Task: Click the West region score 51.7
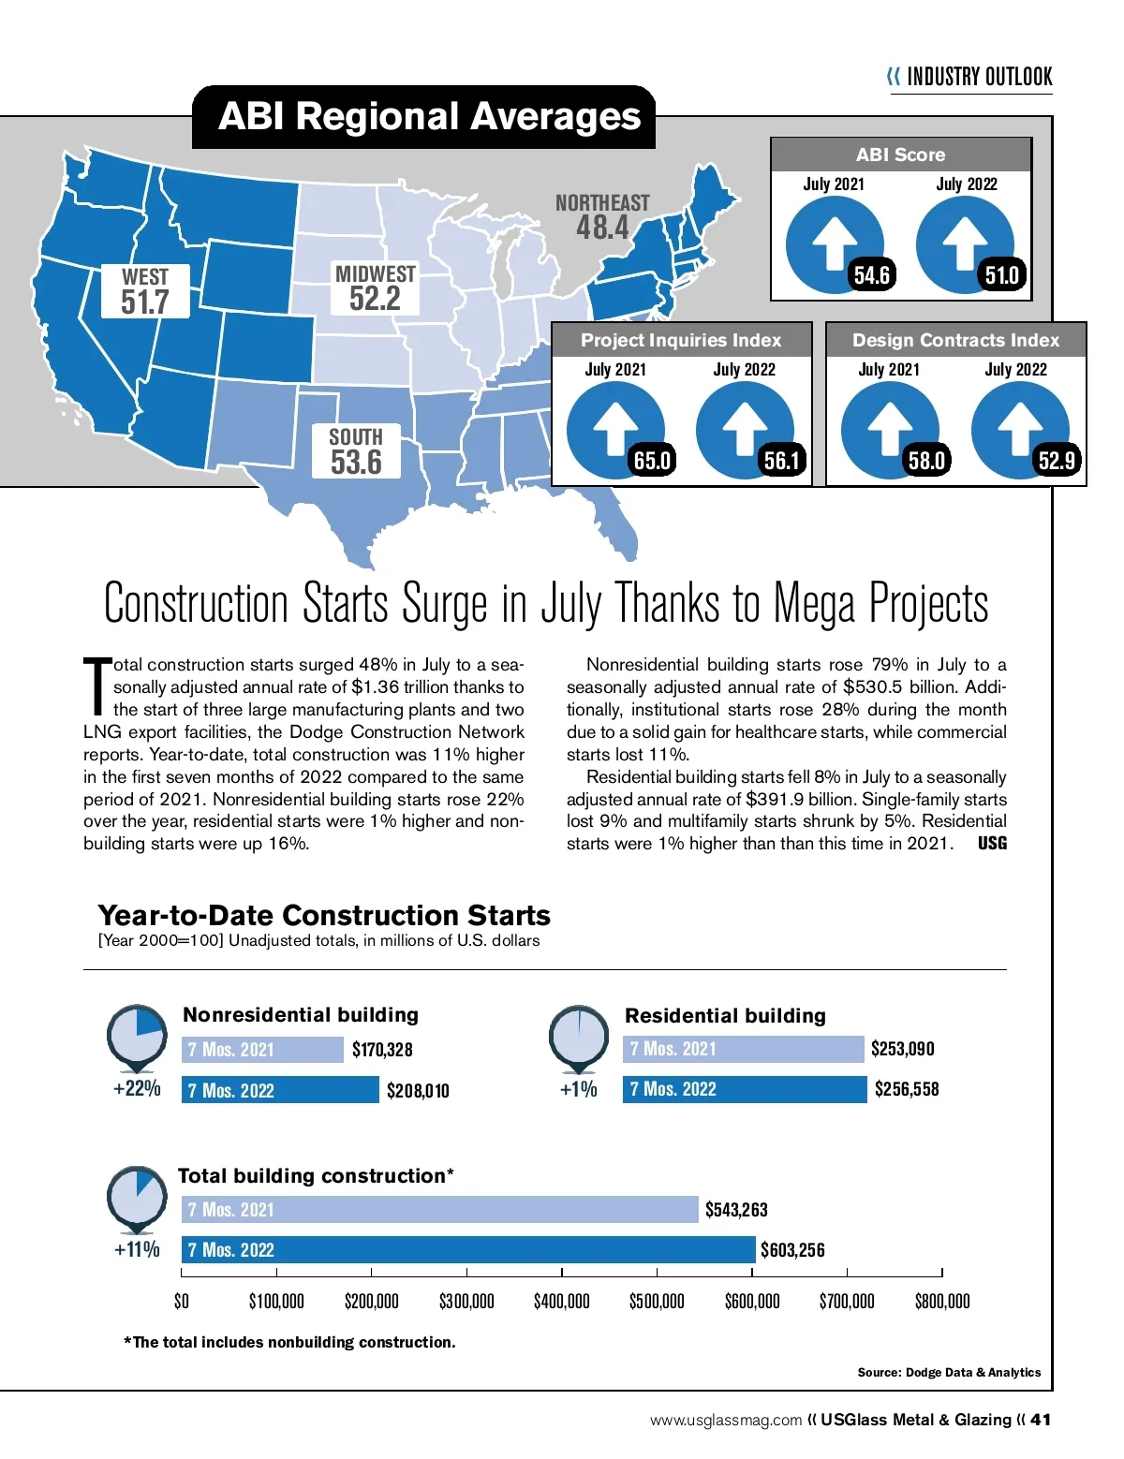pyautogui.click(x=145, y=302)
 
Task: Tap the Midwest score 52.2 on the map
pyautogui.click(x=375, y=299)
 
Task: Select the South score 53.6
pyautogui.click(x=356, y=462)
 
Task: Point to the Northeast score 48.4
pyautogui.click(x=602, y=228)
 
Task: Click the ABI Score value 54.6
pyautogui.click(x=871, y=275)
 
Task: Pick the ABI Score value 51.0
pyautogui.click(x=1001, y=275)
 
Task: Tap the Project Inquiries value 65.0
pyautogui.click(x=652, y=461)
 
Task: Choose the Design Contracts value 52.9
pyautogui.click(x=1056, y=461)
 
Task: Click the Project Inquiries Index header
pyautogui.click(x=680, y=340)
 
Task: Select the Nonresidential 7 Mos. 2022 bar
pyautogui.click(x=280, y=1090)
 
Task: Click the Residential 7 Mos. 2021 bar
pyautogui.click(x=743, y=1049)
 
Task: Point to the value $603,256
pyautogui.click(x=792, y=1250)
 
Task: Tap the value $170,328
pyautogui.click(x=382, y=1050)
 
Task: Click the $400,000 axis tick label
pyautogui.click(x=562, y=1302)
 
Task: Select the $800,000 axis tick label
pyautogui.click(x=942, y=1302)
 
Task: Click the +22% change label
pyautogui.click(x=137, y=1088)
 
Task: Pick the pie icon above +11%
pyautogui.click(x=137, y=1196)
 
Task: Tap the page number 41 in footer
pyautogui.click(x=1041, y=1420)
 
